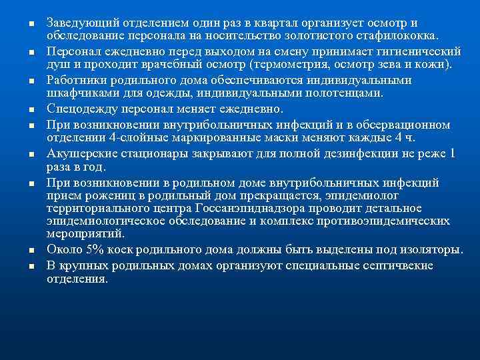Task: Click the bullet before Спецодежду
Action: [31, 109]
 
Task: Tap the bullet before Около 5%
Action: [31, 251]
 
